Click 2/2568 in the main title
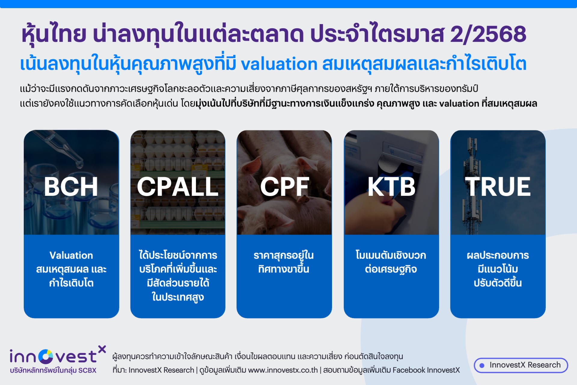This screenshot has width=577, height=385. coord(488,34)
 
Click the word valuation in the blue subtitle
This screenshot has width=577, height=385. coord(279,64)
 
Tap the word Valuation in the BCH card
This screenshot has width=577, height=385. coord(71,255)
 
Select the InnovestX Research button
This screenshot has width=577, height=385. coord(521,365)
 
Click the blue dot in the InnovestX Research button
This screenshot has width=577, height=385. coord(482,365)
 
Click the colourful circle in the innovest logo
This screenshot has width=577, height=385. coord(46,357)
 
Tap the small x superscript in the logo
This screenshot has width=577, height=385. coord(102,349)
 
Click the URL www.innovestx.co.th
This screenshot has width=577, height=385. coord(283,370)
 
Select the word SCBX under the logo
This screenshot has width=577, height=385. coord(87,371)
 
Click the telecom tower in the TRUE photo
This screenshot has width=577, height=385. coord(472,186)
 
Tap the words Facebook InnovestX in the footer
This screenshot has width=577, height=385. coord(426,370)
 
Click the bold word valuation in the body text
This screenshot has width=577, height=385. coord(459,104)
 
